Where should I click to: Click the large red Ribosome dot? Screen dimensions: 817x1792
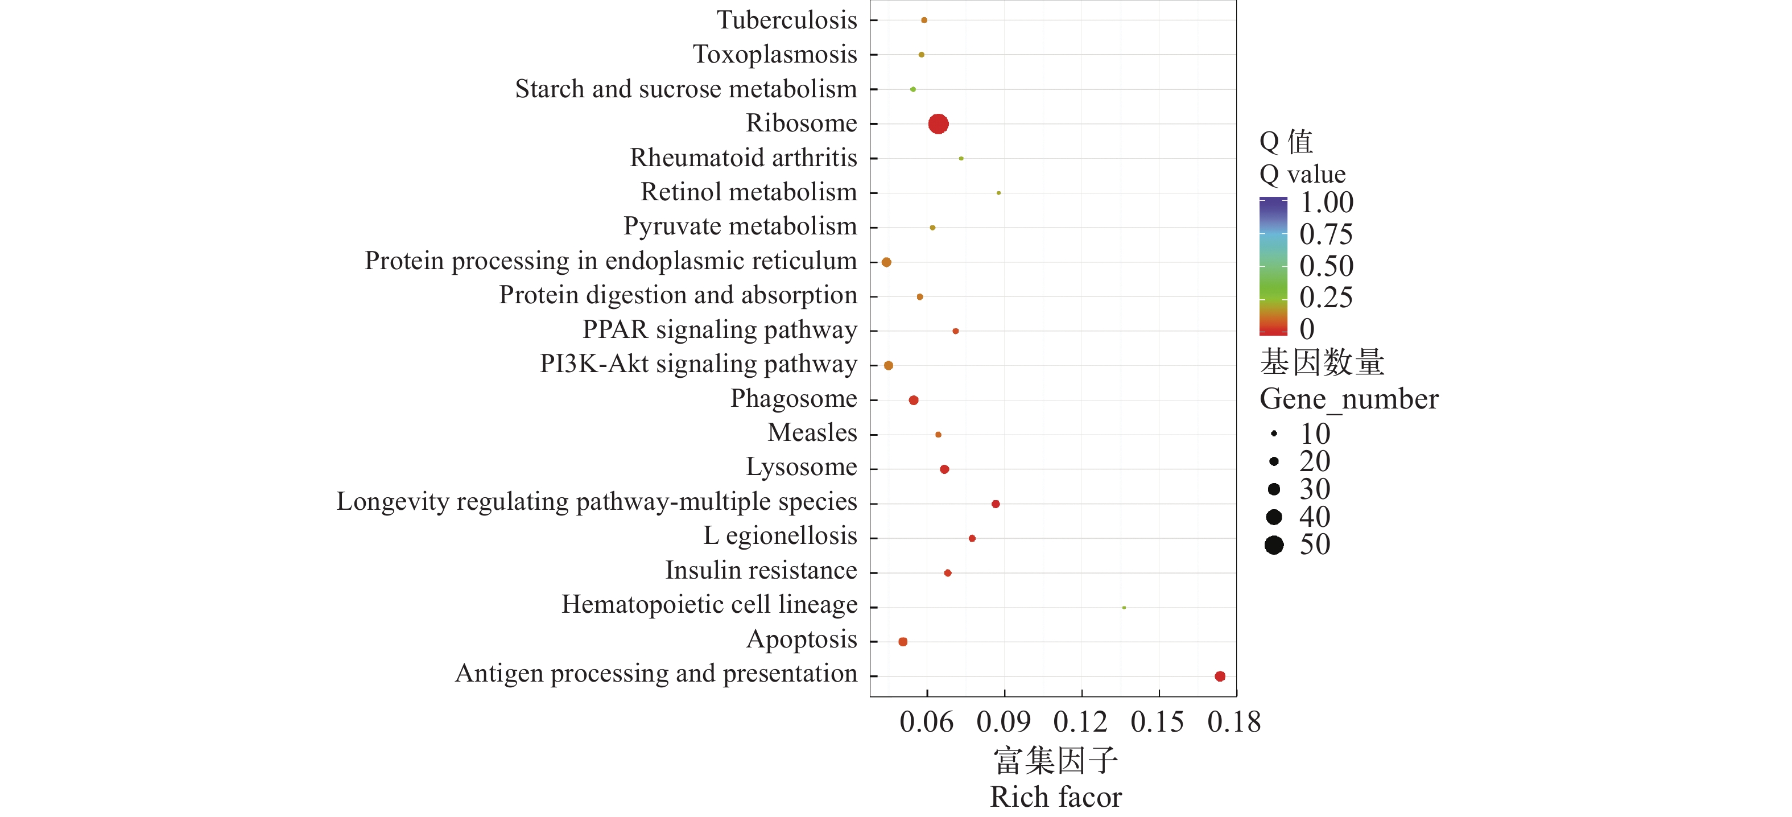(x=938, y=124)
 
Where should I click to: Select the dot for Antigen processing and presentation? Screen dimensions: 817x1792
(x=1220, y=676)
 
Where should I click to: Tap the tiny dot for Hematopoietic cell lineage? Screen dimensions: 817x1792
(x=1124, y=608)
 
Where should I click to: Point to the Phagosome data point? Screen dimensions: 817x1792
(x=914, y=400)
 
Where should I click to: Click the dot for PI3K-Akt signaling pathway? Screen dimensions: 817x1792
(x=889, y=365)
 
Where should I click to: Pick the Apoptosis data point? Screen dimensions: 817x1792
(x=903, y=642)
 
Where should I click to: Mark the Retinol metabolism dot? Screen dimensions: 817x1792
(x=998, y=193)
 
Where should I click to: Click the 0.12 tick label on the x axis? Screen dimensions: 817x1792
(x=1080, y=723)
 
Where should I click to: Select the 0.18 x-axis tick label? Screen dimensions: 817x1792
(x=1233, y=723)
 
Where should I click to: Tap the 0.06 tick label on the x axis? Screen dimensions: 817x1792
(x=926, y=723)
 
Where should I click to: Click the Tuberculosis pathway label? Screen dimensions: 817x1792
(x=787, y=20)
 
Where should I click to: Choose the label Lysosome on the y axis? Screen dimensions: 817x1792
(x=802, y=467)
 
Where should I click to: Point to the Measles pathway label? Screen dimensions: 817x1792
(x=812, y=433)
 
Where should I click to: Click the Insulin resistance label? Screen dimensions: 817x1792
(x=761, y=571)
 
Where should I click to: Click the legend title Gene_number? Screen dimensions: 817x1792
(x=1348, y=399)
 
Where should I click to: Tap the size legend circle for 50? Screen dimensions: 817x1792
(x=1274, y=545)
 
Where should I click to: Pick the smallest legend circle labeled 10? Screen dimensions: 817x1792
(x=1274, y=434)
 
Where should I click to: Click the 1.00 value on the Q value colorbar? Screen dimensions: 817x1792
(x=1326, y=203)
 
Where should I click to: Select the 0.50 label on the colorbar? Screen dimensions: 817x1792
(x=1326, y=266)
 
